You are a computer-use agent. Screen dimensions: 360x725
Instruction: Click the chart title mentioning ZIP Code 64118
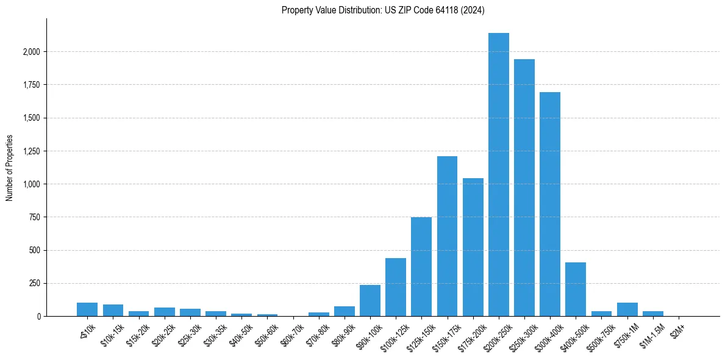pos(383,10)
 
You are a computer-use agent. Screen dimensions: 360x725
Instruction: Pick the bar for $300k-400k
pos(550,204)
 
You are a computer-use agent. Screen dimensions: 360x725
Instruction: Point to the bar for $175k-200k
pos(473,247)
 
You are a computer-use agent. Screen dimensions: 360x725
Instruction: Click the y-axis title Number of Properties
pos(10,168)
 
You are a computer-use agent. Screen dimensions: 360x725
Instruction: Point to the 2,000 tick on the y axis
pos(31,52)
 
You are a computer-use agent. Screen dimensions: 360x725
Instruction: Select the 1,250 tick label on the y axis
pos(31,151)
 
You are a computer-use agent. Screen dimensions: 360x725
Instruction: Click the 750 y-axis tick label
pos(35,217)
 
